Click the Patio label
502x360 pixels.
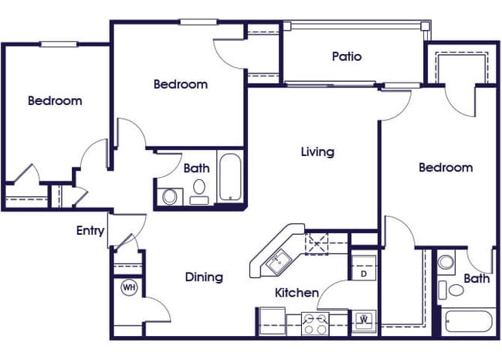tap(347, 56)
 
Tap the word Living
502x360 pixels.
tap(317, 151)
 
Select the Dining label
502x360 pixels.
tap(204, 277)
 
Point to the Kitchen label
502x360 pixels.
tap(297, 293)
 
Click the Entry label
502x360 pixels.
tap(90, 230)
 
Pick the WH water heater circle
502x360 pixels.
tap(129, 287)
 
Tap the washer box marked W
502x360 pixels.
tap(364, 319)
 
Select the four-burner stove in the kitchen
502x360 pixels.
tap(314, 322)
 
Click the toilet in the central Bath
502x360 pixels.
tap(199, 189)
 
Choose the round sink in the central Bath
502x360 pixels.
tap(170, 196)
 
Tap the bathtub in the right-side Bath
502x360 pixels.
tap(467, 323)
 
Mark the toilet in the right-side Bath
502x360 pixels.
tap(455, 290)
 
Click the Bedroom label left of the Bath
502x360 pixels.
tap(446, 168)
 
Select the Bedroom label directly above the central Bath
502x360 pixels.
tap(180, 84)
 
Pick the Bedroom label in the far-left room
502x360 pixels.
tap(55, 100)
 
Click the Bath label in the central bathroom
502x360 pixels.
tap(195, 167)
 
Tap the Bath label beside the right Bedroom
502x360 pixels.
tap(477, 278)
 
